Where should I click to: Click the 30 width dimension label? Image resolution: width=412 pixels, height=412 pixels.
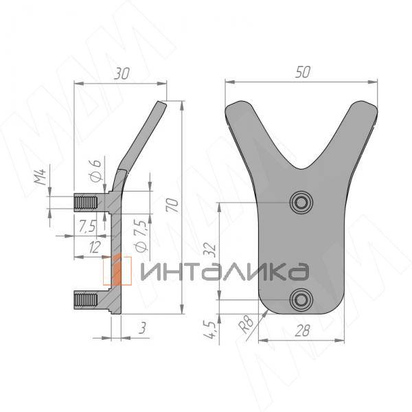pyautogui.click(x=122, y=73)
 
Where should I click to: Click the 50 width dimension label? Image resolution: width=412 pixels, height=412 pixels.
pyautogui.click(x=303, y=72)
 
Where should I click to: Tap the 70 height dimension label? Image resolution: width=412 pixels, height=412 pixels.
pyautogui.click(x=172, y=205)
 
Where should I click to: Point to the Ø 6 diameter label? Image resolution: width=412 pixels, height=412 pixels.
pyautogui.click(x=95, y=170)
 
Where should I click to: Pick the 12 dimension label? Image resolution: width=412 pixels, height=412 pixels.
pyautogui.click(x=95, y=247)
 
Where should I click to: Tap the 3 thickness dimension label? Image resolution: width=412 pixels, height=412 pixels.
pyautogui.click(x=142, y=328)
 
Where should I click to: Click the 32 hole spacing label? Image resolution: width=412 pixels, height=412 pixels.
pyautogui.click(x=210, y=251)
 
